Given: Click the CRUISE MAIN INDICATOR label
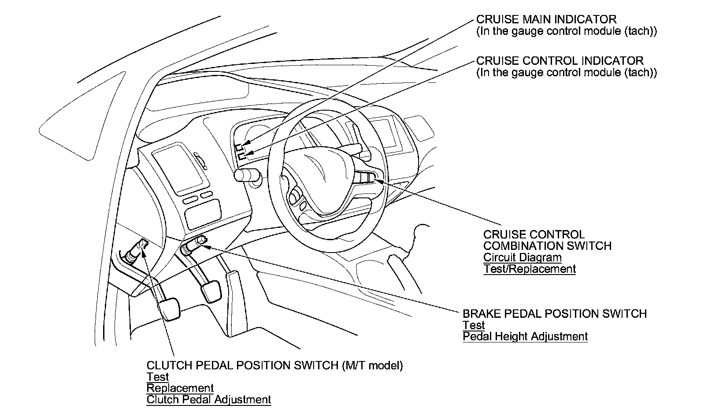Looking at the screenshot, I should tap(546, 19).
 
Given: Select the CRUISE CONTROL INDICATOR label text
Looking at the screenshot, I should tap(560, 60).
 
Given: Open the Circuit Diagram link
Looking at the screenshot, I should tap(522, 257).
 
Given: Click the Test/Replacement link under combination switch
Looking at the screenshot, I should tap(529, 269).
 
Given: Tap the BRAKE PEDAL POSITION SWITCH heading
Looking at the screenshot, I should tap(554, 314).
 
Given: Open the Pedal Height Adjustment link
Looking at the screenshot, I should tap(525, 337).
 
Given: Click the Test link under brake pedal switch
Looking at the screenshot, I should tap(473, 325).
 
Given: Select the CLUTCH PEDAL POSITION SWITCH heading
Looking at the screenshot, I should tap(242, 365).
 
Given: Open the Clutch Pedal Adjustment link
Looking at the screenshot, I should tap(208, 400).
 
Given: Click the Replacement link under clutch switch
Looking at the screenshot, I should tap(180, 388).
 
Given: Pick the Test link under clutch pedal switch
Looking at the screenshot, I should tap(157, 377).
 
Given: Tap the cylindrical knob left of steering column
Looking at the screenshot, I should tap(244, 175).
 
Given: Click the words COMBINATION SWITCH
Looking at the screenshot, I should tap(547, 246).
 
